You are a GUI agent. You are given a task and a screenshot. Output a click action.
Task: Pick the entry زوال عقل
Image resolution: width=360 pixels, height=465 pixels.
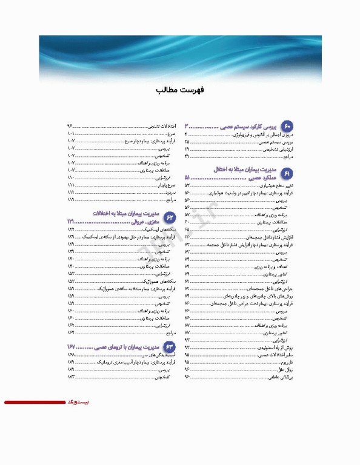(x=286, y=368)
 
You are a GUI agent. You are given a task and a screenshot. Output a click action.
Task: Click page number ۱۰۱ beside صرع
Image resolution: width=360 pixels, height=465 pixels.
(x=72, y=133)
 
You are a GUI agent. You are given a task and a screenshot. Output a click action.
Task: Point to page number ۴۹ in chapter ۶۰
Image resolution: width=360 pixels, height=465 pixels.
(x=187, y=156)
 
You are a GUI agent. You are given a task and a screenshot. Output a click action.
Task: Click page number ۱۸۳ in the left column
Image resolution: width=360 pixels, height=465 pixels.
(x=72, y=376)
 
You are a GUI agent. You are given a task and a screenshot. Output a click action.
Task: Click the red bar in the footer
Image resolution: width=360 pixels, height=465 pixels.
(x=34, y=402)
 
